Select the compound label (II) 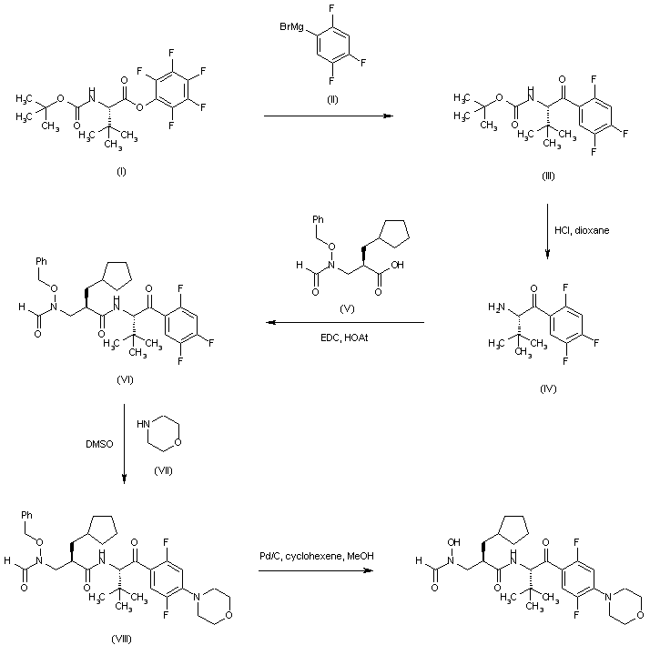333,98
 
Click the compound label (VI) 126,379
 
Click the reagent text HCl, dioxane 583,230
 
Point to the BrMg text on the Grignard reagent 293,34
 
